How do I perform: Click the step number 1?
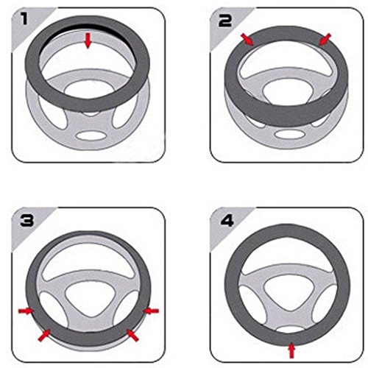click(24, 18)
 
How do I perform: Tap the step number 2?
click(224, 21)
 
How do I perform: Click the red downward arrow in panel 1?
click(88, 40)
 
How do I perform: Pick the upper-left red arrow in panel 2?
click(247, 40)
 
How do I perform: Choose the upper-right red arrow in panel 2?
click(325, 40)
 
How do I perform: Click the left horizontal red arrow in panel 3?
click(26, 311)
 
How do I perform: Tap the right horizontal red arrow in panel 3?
click(151, 311)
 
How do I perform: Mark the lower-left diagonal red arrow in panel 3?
click(44, 336)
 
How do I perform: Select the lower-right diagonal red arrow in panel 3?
click(132, 336)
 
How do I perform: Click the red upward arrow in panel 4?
click(291, 350)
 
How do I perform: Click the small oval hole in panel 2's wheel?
click(290, 134)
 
